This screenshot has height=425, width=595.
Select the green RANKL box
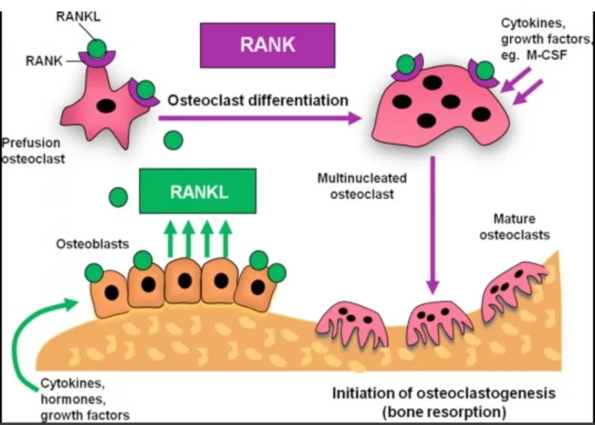198,191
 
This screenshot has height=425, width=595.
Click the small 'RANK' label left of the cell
43,59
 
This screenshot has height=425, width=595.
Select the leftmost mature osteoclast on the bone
351,324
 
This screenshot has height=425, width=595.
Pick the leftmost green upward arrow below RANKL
170,238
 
